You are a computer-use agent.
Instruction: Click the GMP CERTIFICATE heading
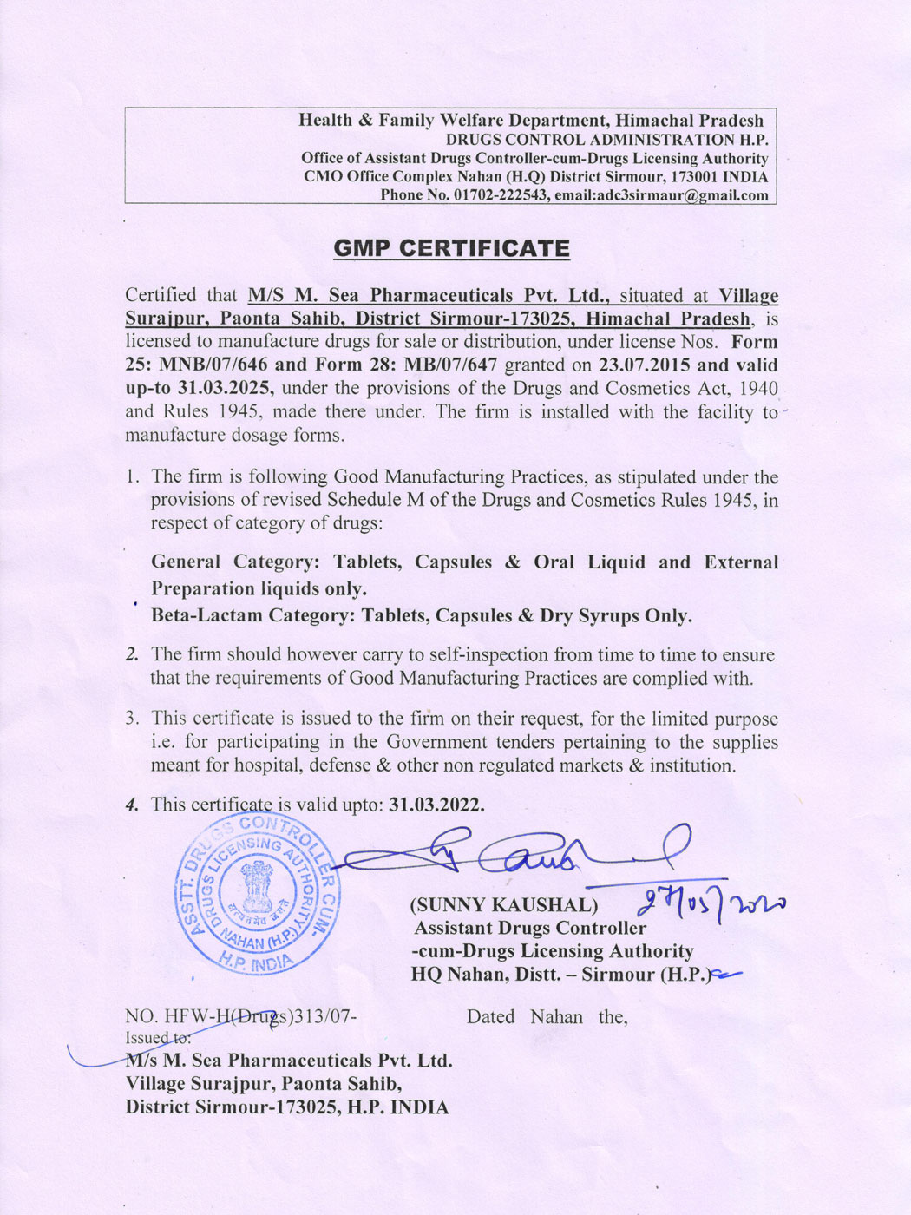[452, 249]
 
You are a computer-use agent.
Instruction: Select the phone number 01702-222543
[501, 195]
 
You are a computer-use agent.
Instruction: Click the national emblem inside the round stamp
[258, 884]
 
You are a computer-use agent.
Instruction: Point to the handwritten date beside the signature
[711, 904]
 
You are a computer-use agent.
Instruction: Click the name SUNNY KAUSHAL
[504, 905]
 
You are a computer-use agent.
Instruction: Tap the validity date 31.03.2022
[436, 805]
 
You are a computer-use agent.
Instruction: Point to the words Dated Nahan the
[547, 1017]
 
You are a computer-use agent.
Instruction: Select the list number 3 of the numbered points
[132, 719]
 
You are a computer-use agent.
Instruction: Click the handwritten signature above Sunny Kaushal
[521, 855]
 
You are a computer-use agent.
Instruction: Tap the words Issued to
[157, 1038]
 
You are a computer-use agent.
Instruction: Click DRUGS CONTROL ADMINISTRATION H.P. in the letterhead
[606, 140]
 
